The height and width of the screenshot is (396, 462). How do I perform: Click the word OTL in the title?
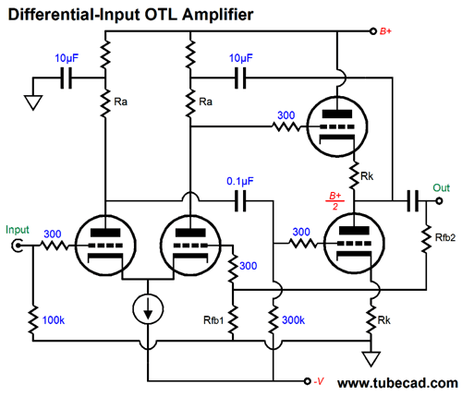pyautogui.click(x=161, y=15)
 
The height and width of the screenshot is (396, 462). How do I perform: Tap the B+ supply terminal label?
pyautogui.click(x=385, y=31)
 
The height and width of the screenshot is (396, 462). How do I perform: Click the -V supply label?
pyautogui.click(x=319, y=381)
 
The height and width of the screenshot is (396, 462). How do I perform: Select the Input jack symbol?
pyautogui.click(x=18, y=246)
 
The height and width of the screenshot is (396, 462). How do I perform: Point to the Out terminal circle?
pyautogui.click(x=439, y=201)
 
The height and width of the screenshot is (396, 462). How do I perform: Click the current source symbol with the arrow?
pyautogui.click(x=148, y=308)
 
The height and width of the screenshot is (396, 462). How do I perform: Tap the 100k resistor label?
pyautogui.click(x=54, y=320)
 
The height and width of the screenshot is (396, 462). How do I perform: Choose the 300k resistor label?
pyautogui.click(x=293, y=320)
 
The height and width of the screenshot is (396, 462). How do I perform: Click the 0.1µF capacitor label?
pyautogui.click(x=240, y=181)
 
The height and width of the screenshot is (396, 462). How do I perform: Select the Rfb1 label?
pyautogui.click(x=213, y=320)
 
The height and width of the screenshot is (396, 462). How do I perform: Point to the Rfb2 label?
pyautogui.click(x=445, y=237)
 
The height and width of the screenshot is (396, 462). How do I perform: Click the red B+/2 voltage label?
pyautogui.click(x=335, y=201)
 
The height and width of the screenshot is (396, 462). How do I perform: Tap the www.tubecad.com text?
pyautogui.click(x=397, y=383)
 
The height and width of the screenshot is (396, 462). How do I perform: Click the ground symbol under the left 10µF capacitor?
pyautogui.click(x=33, y=102)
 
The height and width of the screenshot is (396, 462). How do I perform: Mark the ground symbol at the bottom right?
pyautogui.click(x=371, y=359)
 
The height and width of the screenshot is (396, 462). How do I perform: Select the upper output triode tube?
pyautogui.click(x=337, y=126)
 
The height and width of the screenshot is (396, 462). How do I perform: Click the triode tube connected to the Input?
pyautogui.click(x=105, y=246)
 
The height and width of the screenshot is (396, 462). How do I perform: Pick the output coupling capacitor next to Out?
pyautogui.click(x=413, y=201)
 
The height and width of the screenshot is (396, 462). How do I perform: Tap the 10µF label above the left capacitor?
pyautogui.click(x=67, y=58)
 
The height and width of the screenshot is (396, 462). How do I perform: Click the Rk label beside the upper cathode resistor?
pyautogui.click(x=367, y=176)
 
